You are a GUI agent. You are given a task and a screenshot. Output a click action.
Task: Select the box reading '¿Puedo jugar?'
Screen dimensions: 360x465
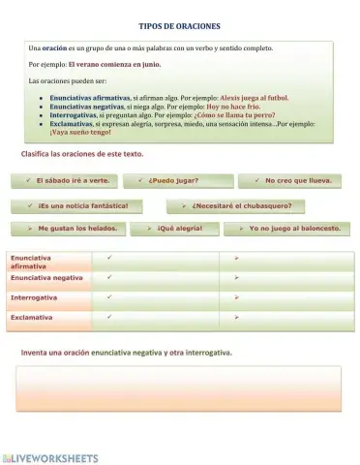point(181,180)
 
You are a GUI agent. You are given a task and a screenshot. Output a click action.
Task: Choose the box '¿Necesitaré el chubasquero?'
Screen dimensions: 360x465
point(235,205)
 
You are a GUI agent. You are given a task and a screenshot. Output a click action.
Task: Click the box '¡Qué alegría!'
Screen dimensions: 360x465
point(180,229)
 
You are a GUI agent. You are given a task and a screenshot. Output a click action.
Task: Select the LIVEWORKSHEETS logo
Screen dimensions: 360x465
point(50,456)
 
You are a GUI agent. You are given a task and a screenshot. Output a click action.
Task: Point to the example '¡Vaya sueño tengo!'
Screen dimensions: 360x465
point(80,132)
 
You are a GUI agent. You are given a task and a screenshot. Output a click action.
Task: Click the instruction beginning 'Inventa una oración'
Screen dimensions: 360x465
point(126,353)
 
